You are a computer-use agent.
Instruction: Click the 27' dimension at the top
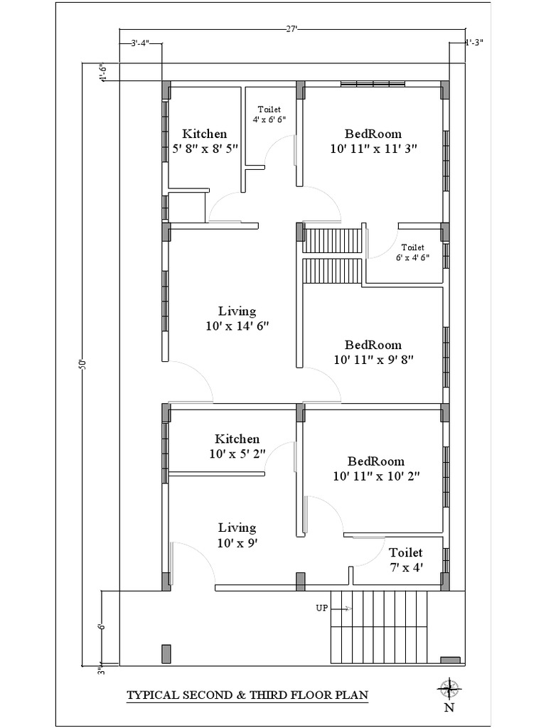coord(291,30)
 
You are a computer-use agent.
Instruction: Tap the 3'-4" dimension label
coord(140,43)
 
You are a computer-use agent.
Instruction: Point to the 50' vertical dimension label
coord(83,364)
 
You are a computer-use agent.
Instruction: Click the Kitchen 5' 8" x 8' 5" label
coord(205,141)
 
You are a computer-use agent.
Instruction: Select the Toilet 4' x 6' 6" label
coord(269,114)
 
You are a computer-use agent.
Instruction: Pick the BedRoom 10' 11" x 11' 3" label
coord(373,141)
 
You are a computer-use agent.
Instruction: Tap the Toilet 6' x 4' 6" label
coord(412,252)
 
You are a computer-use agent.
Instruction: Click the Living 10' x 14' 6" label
coord(237,318)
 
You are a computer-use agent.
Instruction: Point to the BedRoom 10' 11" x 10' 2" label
coord(376,469)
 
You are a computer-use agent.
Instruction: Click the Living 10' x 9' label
coord(237,535)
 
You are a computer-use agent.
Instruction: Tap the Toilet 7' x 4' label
coord(406,560)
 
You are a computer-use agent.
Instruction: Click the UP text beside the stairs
coord(321,608)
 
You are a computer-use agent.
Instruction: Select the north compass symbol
coord(449,687)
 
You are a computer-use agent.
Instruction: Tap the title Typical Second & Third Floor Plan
coord(247,695)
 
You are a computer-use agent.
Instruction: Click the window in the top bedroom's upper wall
coord(373,85)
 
